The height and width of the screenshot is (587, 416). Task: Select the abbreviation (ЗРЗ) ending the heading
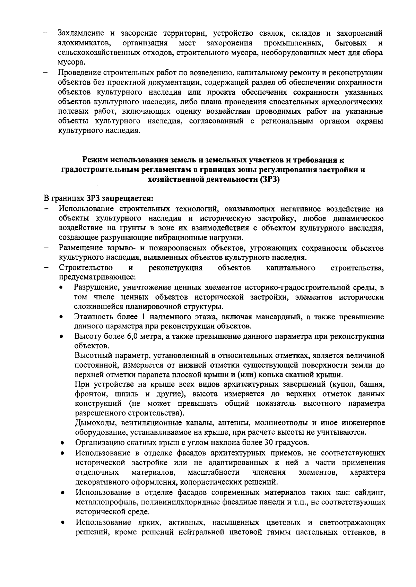click(269, 180)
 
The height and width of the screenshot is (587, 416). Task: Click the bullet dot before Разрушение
click(61, 288)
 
